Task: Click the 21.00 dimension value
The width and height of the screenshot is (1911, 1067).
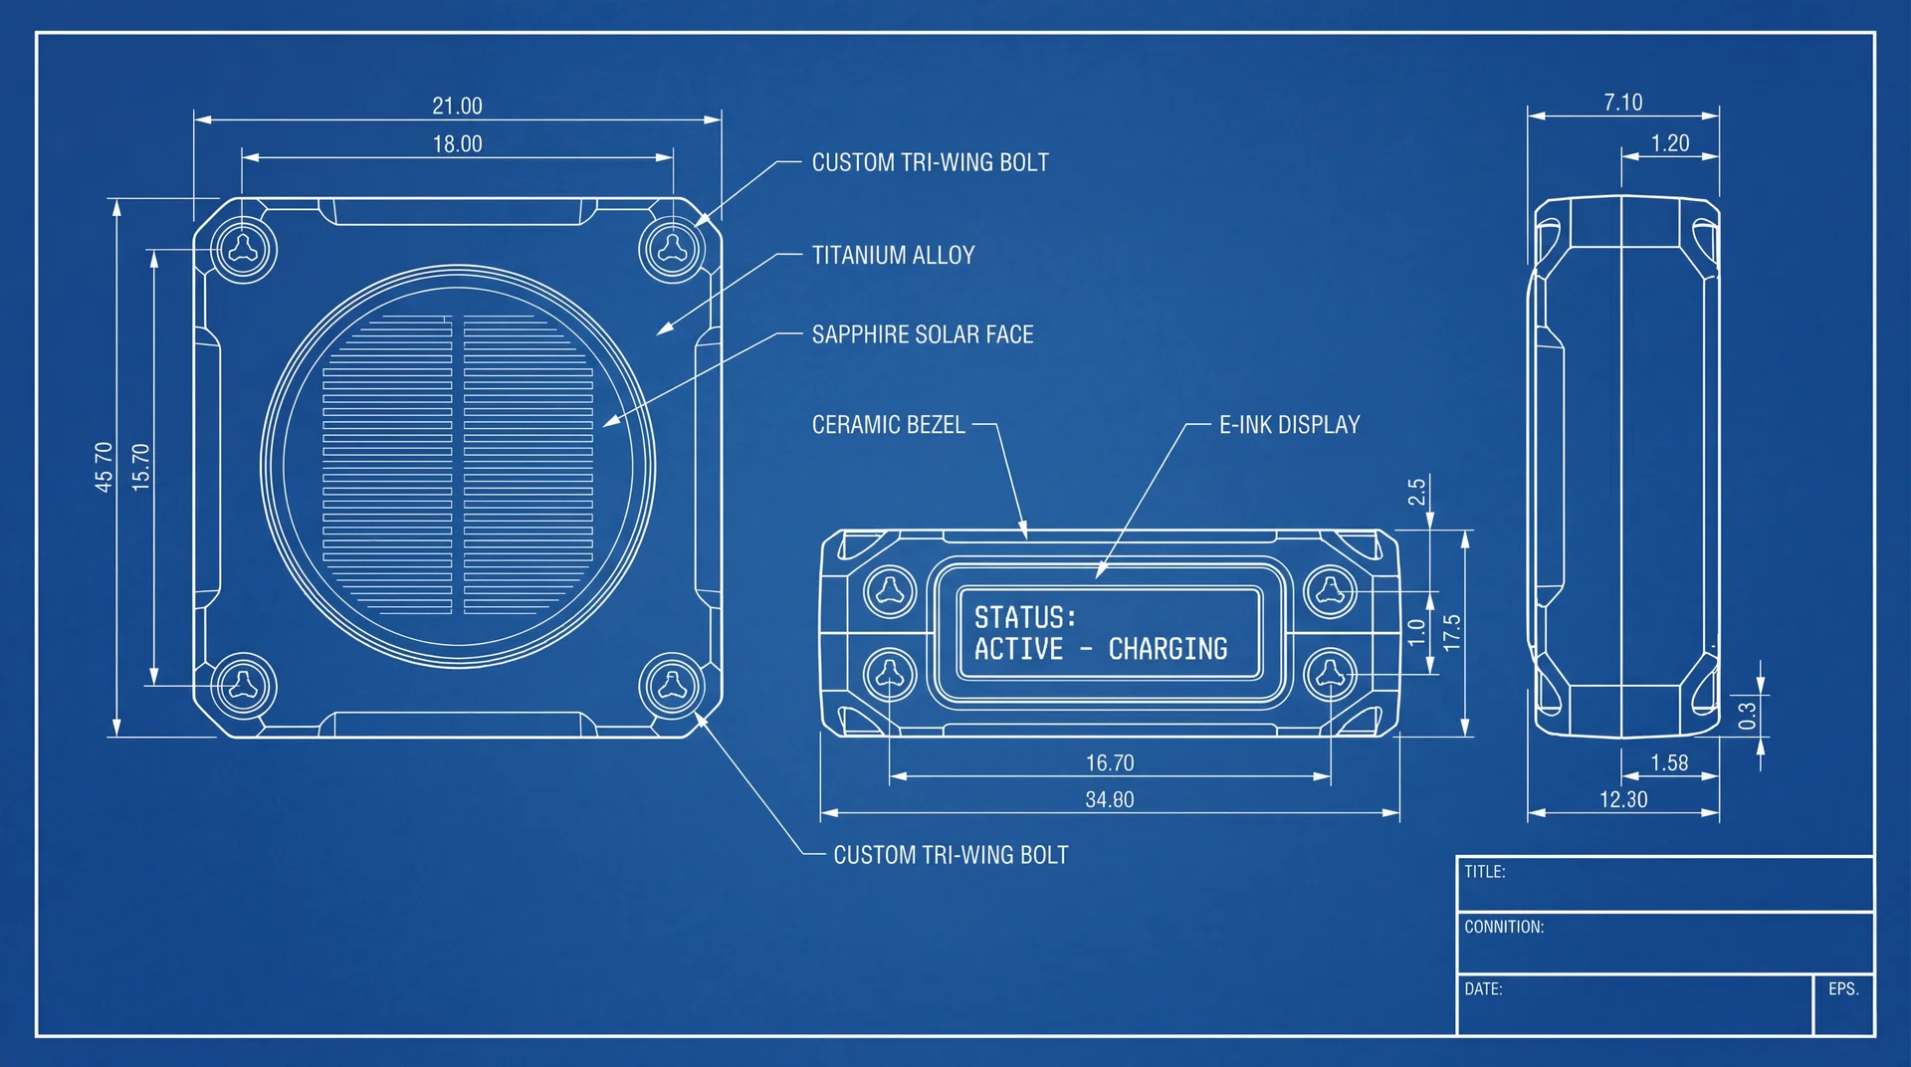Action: point(457,106)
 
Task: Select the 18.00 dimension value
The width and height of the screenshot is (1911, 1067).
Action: point(457,144)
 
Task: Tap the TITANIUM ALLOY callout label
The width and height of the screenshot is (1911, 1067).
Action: point(893,256)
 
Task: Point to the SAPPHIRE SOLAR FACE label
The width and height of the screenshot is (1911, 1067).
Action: point(923,334)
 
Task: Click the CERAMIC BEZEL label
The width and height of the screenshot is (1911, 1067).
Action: point(889,425)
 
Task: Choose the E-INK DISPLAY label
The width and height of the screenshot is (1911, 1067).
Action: point(1290,425)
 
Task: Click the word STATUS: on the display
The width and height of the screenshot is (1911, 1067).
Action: point(1025,617)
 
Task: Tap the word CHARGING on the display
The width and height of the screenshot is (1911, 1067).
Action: point(1168,649)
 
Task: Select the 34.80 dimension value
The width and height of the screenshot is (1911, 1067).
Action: point(1110,799)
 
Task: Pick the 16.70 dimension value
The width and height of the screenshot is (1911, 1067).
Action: point(1110,763)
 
